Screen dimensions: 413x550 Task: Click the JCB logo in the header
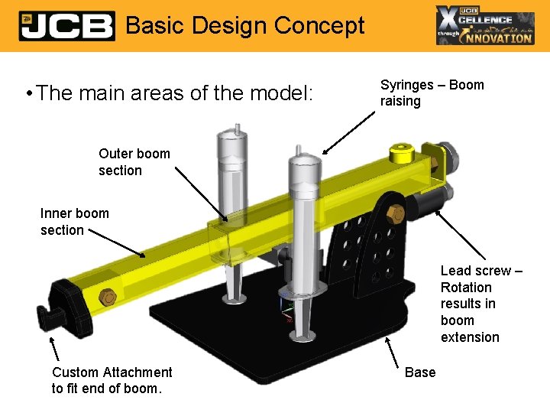click(x=66, y=26)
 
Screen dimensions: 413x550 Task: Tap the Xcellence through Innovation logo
click(x=485, y=25)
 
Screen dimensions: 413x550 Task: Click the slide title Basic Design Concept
click(x=245, y=26)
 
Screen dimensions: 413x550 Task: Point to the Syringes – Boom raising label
click(x=432, y=93)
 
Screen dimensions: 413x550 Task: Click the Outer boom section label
click(x=134, y=161)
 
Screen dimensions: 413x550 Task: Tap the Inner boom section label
click(x=75, y=221)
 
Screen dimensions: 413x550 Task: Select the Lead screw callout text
click(x=480, y=304)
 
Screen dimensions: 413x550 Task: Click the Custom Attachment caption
click(x=112, y=379)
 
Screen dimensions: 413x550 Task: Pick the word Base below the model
click(x=420, y=372)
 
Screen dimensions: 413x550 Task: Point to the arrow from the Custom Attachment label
click(x=55, y=347)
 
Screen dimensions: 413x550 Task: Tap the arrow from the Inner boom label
click(x=115, y=242)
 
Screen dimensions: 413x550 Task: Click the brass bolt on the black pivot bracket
click(x=396, y=213)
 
